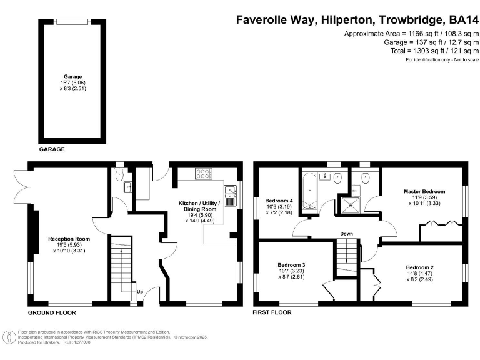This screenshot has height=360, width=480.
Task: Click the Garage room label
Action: [x=73, y=76]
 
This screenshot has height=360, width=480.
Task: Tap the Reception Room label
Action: [x=69, y=239]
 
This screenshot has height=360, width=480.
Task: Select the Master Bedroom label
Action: [x=424, y=192]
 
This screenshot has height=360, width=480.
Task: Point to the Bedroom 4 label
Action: [x=279, y=201]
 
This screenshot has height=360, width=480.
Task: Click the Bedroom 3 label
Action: [x=291, y=265]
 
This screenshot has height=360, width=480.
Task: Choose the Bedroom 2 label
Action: [x=420, y=267]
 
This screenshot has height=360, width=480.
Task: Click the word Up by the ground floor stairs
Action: [x=140, y=292]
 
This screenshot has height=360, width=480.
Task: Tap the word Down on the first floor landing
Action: [x=346, y=234]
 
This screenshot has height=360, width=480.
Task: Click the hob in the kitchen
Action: [x=203, y=174]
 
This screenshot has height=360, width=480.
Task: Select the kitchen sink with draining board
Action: [x=231, y=196]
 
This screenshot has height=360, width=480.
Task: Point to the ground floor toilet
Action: [x=119, y=174]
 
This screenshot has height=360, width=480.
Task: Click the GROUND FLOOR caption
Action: [x=52, y=313]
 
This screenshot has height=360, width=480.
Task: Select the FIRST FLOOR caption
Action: [x=272, y=312]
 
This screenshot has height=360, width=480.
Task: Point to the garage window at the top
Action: [x=72, y=22]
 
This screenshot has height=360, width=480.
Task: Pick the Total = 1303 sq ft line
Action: [x=435, y=51]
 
